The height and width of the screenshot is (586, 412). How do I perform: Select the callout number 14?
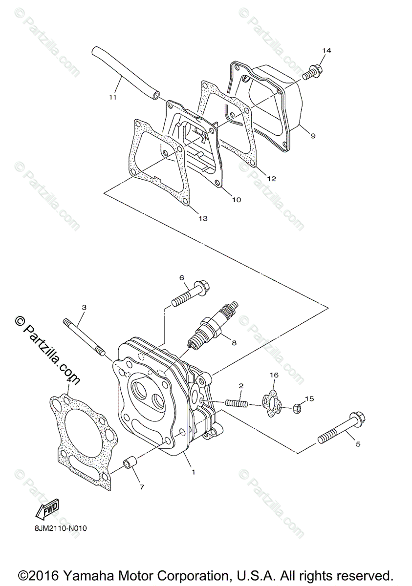point(326,51)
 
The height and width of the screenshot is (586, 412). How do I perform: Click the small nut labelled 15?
point(297,407)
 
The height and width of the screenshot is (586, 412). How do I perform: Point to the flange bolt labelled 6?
point(190,294)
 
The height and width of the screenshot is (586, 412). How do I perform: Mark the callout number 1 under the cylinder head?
point(194,472)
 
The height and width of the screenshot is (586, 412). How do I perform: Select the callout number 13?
point(203,218)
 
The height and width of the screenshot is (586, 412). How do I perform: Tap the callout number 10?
point(236,200)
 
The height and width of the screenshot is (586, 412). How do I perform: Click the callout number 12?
point(271,179)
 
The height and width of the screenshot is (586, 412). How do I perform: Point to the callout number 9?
point(313,136)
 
